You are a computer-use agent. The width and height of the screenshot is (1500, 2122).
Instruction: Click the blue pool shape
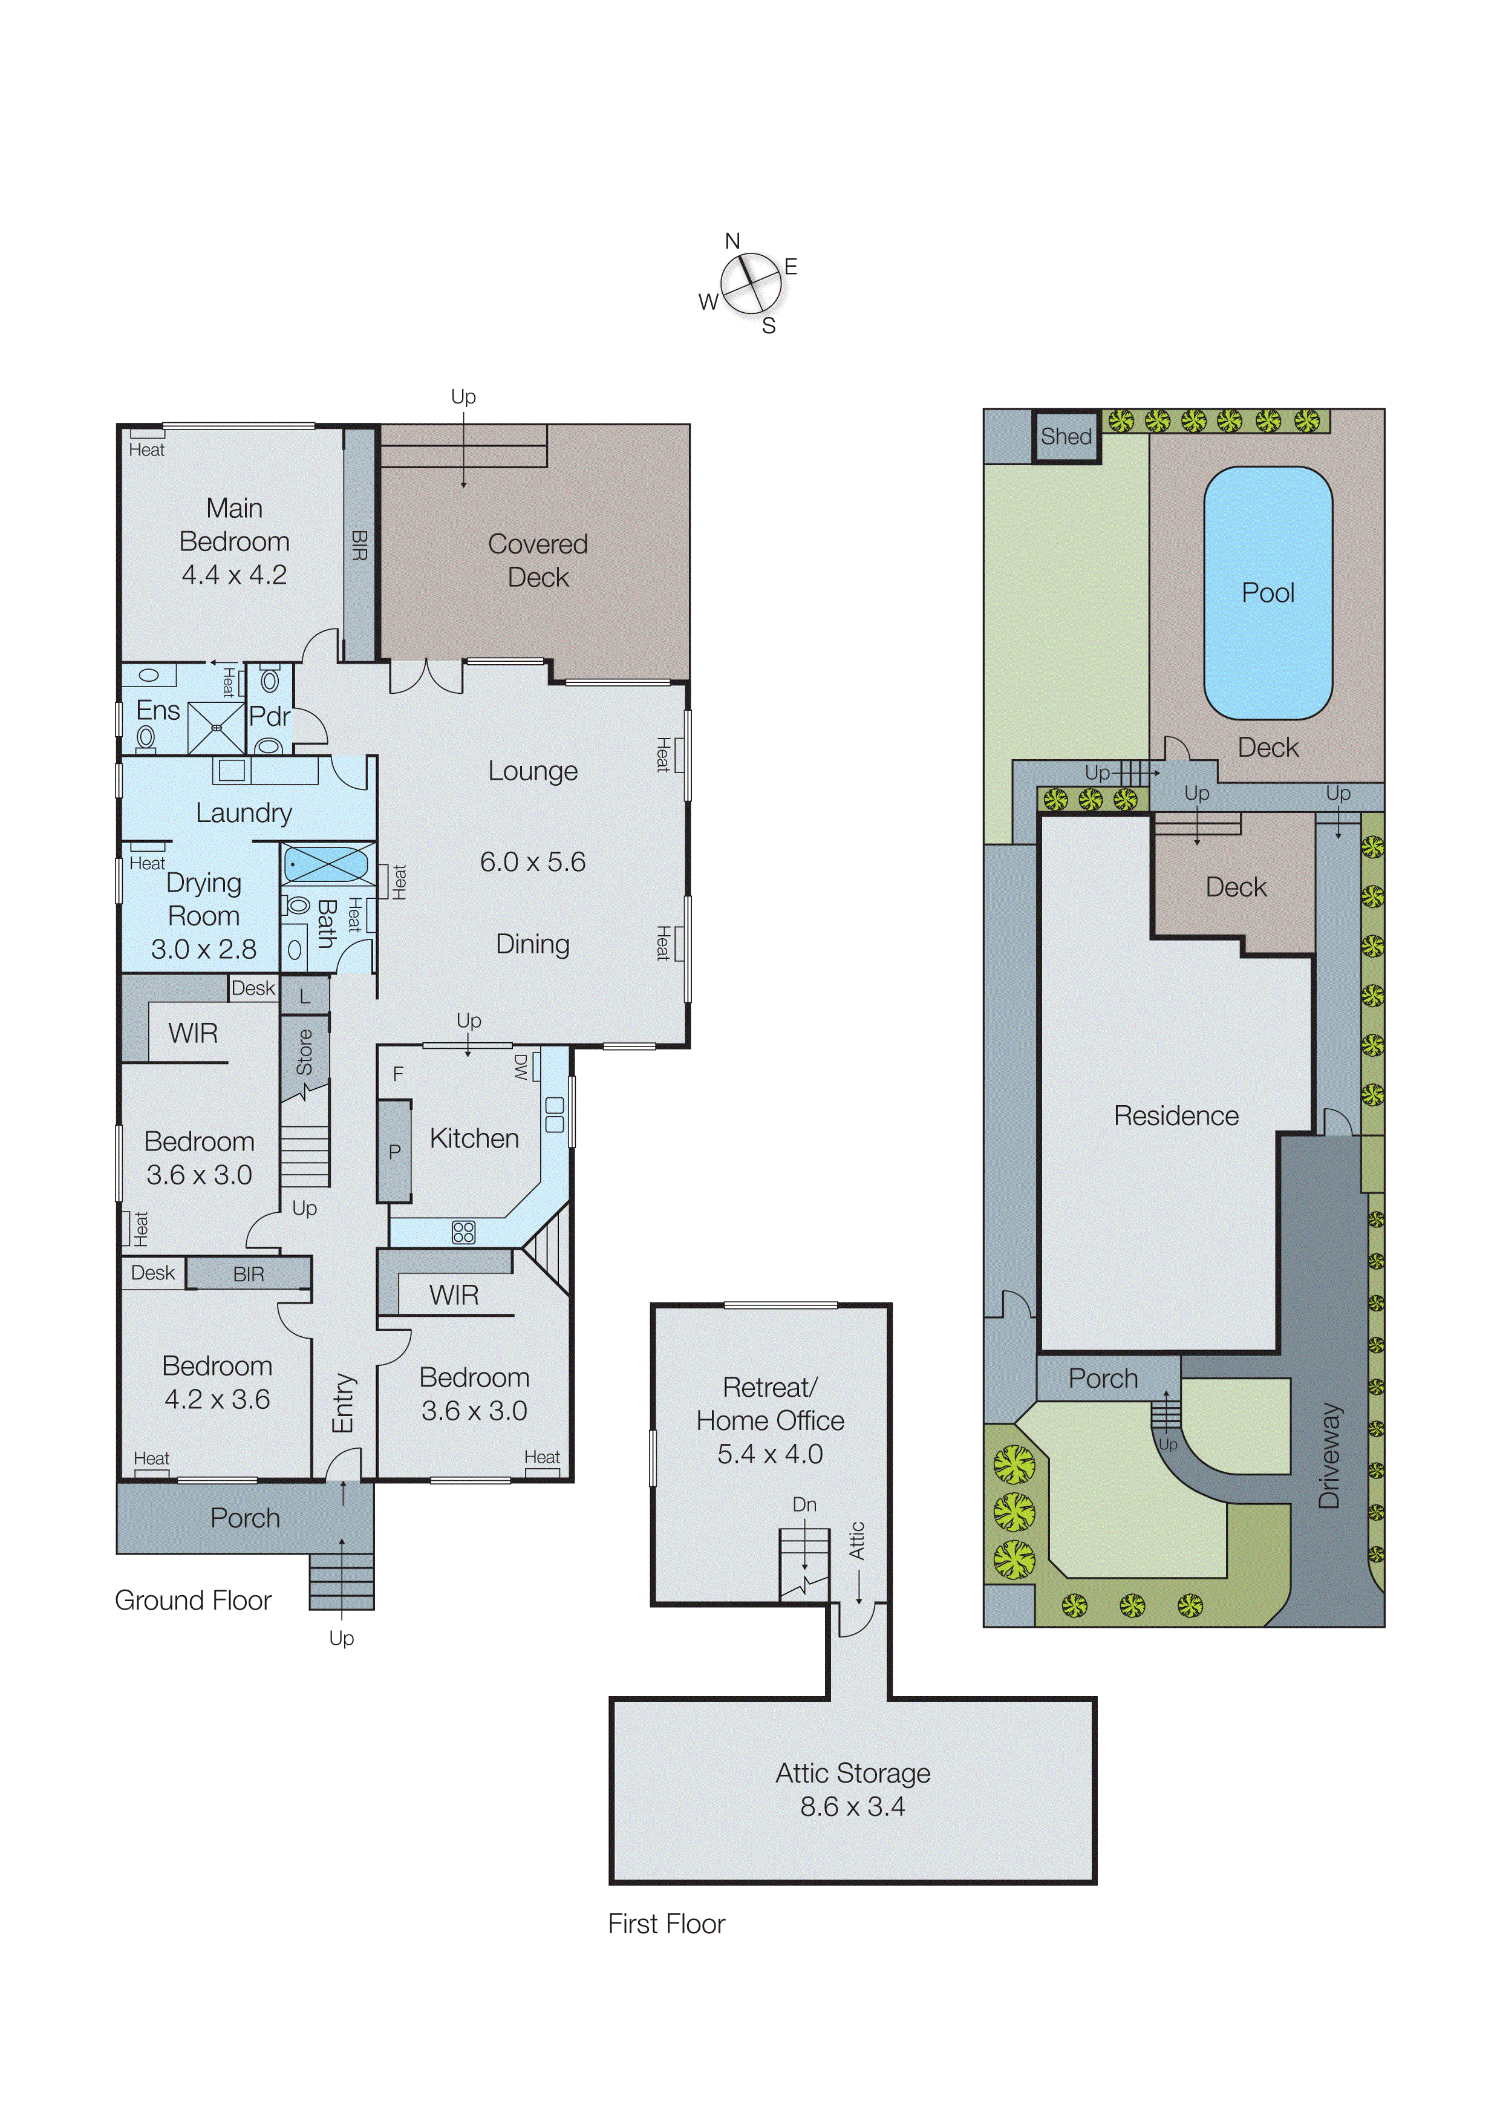(x=1267, y=592)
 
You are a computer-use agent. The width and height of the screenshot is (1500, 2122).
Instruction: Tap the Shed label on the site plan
(x=1066, y=436)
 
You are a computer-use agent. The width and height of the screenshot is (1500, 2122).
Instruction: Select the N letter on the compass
(x=732, y=241)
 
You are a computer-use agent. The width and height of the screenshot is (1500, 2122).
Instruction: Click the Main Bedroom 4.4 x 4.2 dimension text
(x=234, y=575)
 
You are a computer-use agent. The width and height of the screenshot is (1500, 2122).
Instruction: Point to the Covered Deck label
(x=537, y=560)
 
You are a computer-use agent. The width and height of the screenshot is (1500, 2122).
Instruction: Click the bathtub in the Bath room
(x=326, y=865)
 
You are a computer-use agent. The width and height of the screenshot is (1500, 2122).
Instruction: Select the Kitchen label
(x=474, y=1138)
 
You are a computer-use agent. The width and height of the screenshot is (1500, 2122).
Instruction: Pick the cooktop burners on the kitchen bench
(x=463, y=1231)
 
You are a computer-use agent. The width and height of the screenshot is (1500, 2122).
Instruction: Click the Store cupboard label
(x=304, y=1052)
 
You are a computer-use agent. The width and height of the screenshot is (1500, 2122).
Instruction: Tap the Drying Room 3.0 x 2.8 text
(x=204, y=948)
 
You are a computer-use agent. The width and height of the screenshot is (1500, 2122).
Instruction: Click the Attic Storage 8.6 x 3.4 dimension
(x=852, y=1806)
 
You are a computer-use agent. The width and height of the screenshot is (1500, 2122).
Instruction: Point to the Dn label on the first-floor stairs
(x=804, y=1504)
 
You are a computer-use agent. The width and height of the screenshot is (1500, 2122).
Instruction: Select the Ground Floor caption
(x=192, y=1600)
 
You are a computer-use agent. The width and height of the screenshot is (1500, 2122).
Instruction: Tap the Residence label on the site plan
(x=1176, y=1115)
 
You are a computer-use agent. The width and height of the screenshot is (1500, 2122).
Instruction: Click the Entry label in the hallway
(x=343, y=1403)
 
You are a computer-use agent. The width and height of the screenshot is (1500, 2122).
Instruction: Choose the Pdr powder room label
(x=269, y=716)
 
